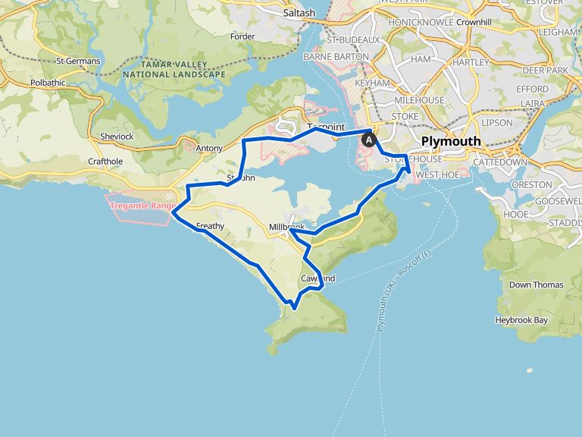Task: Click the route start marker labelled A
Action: pos(370,140)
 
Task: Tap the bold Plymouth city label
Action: pos(450,141)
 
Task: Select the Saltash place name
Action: pos(298,13)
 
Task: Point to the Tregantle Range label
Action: pos(142,206)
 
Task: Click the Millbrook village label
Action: pos(286,227)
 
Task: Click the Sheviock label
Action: pos(116,137)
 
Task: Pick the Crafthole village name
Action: pos(105,161)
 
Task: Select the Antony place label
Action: pos(209,148)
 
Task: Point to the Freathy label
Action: pos(210,225)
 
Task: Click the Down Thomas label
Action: pos(536,285)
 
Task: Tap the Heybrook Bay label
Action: pos(521,320)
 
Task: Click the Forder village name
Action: pos(242,36)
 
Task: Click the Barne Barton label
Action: pos(335,56)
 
